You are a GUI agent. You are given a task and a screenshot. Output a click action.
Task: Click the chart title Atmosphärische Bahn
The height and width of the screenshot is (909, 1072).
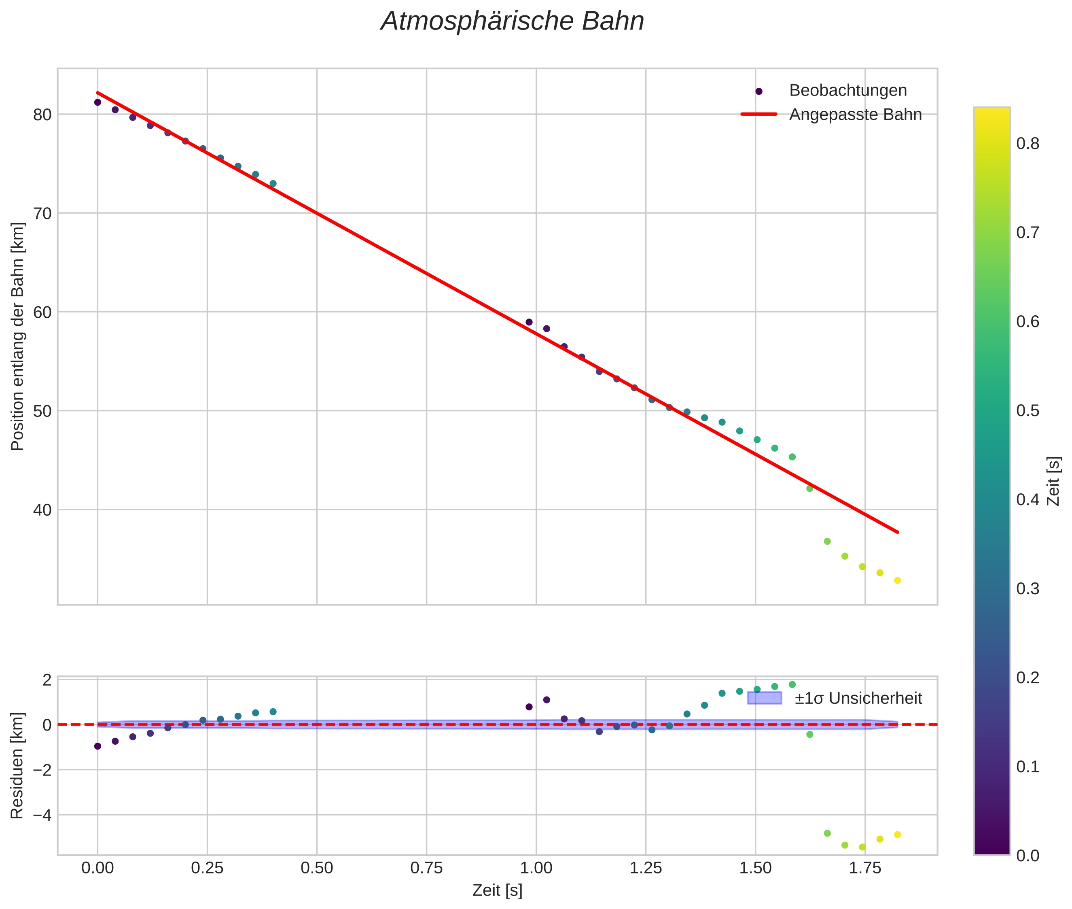click(x=512, y=21)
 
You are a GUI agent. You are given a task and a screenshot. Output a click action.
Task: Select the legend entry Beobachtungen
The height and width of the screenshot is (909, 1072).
click(x=847, y=91)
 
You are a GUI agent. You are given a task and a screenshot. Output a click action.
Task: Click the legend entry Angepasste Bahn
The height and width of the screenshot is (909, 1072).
click(x=855, y=115)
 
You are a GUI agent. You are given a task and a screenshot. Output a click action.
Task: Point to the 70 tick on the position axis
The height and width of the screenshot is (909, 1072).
click(x=43, y=213)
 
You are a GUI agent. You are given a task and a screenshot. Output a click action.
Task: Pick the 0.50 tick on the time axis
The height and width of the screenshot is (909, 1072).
click(x=317, y=868)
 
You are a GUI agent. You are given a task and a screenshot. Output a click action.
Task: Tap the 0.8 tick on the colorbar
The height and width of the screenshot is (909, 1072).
click(x=1028, y=144)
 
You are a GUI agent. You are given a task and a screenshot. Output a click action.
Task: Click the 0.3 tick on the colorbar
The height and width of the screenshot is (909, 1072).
click(x=1028, y=589)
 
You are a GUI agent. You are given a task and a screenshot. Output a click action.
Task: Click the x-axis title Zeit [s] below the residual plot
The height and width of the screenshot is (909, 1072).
click(x=497, y=890)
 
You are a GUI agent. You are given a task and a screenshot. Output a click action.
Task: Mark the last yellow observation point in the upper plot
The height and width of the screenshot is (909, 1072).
click(x=897, y=581)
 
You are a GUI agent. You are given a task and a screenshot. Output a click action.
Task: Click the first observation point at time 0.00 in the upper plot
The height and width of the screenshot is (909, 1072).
click(x=97, y=102)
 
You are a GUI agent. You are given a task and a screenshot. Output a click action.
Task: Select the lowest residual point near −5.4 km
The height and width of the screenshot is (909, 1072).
click(x=862, y=847)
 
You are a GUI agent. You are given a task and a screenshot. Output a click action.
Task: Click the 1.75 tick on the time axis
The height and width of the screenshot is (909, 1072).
click(x=865, y=868)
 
